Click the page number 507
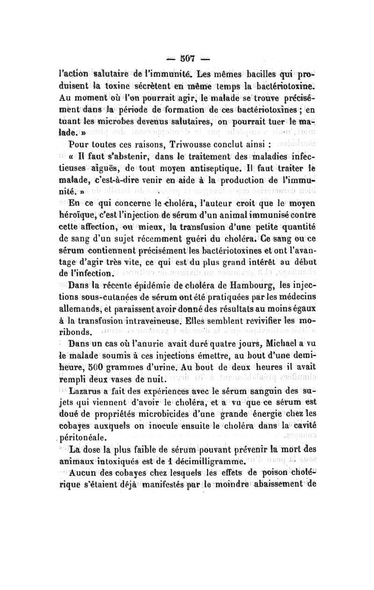(x=187, y=47)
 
